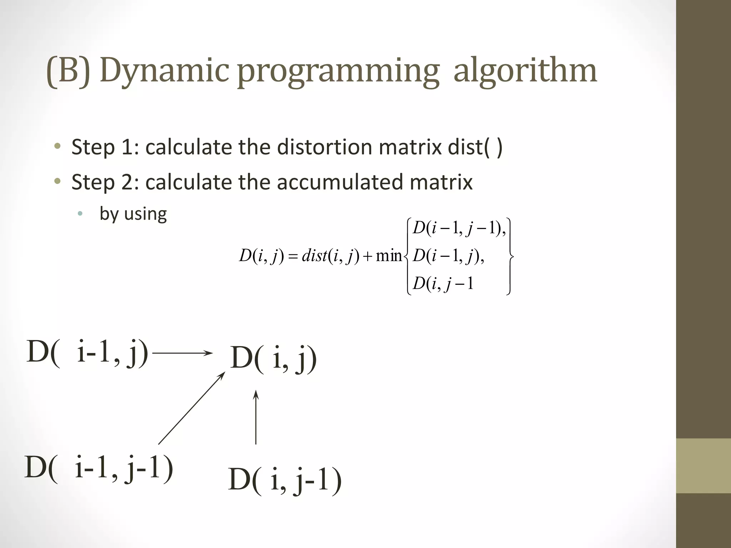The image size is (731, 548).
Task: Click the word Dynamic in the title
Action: [x=164, y=71]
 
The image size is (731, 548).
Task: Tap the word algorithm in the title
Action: [x=525, y=71]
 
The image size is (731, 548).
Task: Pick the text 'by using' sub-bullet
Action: [x=133, y=214]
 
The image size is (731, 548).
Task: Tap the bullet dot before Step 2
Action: [x=57, y=182]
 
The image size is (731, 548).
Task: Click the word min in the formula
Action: [x=389, y=256]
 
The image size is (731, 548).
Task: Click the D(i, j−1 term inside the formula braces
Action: [x=443, y=284]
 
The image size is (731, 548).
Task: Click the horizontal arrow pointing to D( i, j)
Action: [x=182, y=353]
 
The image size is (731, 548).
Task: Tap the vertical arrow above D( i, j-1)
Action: [x=256, y=417]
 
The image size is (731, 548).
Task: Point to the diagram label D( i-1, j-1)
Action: [x=99, y=467]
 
